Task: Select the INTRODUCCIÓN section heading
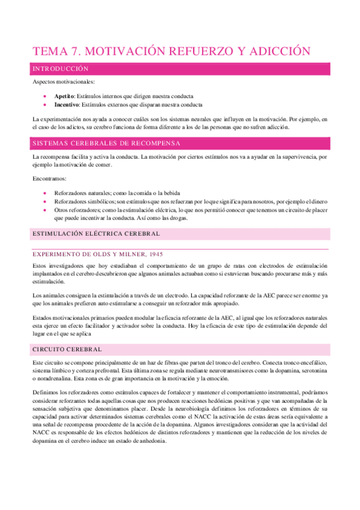pyautogui.click(x=62, y=70)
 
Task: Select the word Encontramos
pyautogui.click(x=50, y=179)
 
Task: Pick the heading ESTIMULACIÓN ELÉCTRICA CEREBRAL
pyautogui.click(x=96, y=233)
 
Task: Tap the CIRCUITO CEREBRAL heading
pyautogui.click(x=67, y=349)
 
